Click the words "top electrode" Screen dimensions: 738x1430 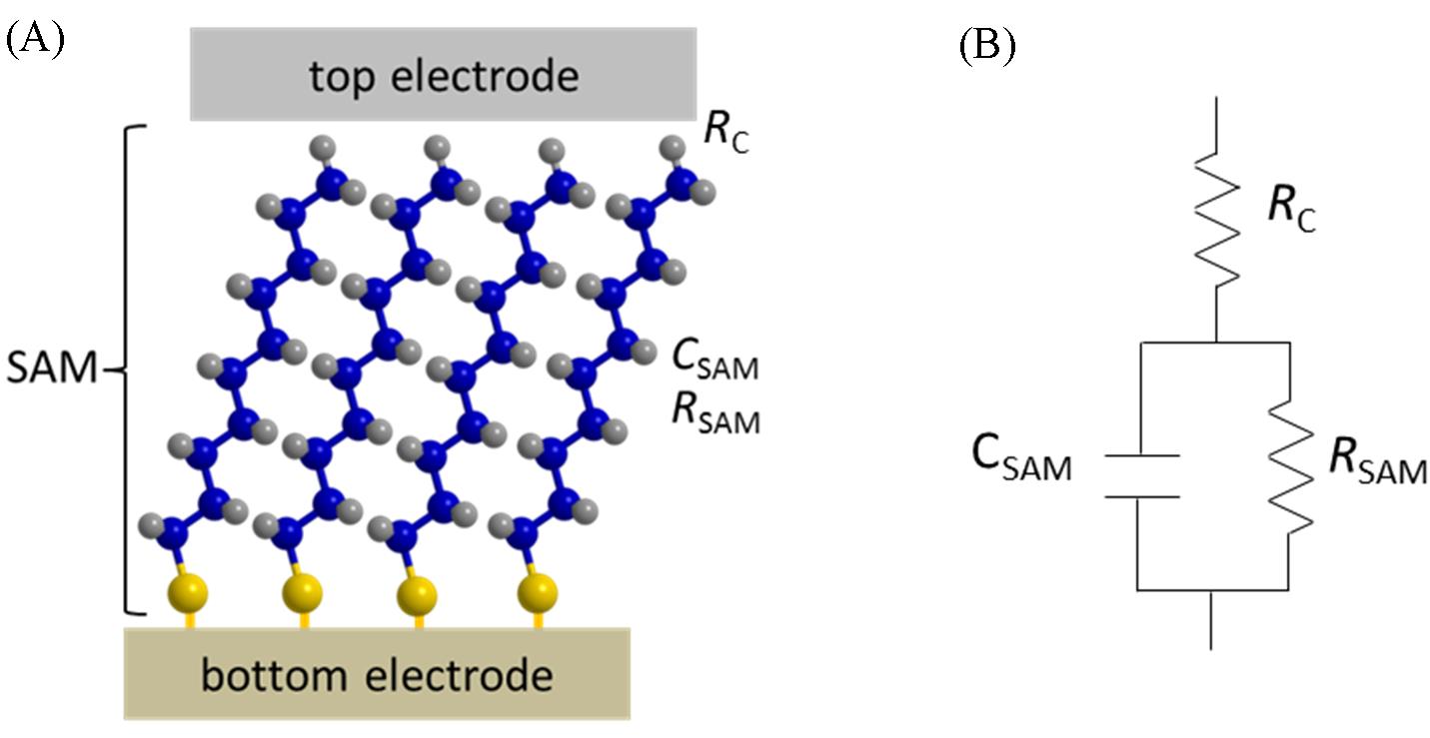coord(443,75)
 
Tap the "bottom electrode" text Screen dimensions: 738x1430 coord(377,676)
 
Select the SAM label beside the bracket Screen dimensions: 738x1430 coord(51,370)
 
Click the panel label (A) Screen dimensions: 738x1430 coord(36,41)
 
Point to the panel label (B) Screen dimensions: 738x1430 coord(986,46)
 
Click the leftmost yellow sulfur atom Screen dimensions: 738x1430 coord(190,595)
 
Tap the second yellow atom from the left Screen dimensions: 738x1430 coord(301,595)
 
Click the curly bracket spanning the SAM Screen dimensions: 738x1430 coord(132,369)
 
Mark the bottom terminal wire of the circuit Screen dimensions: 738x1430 coord(1211,619)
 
